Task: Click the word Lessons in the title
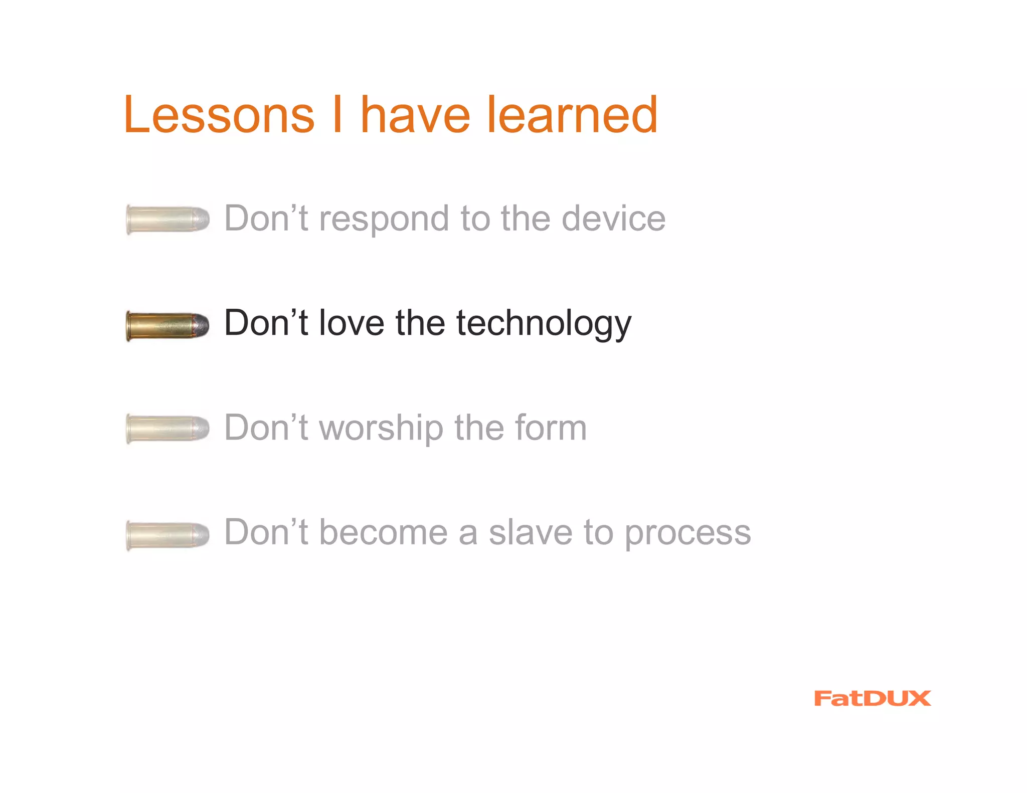tap(219, 115)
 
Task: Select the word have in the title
tap(415, 115)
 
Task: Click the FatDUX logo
tap(872, 698)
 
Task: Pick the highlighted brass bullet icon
tap(167, 325)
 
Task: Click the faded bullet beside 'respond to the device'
tap(167, 220)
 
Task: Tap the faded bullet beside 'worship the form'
tap(167, 429)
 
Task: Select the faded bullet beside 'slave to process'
tap(167, 534)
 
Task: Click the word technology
tap(544, 324)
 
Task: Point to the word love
tap(352, 323)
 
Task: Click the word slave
tap(531, 532)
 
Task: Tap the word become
tap(384, 532)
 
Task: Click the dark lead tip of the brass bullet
tap(202, 325)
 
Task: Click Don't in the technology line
tap(266, 323)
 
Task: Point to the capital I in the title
tap(337, 115)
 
